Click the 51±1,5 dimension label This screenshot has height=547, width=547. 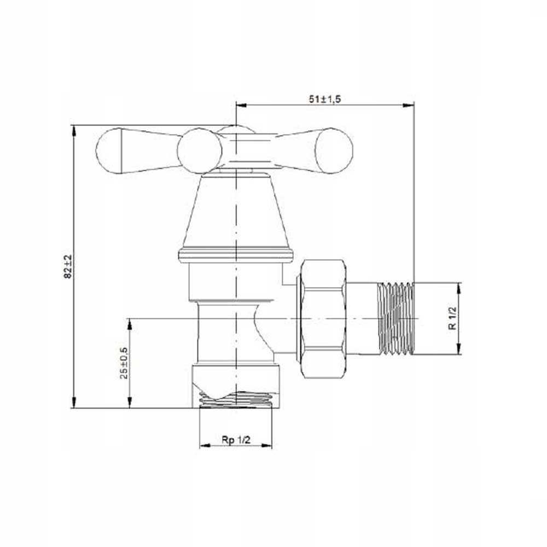click(x=324, y=99)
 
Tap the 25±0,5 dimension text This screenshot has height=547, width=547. click(x=124, y=363)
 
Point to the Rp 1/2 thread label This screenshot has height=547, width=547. click(x=236, y=440)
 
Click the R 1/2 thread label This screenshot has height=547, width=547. click(x=452, y=318)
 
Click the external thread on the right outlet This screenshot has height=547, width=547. click(x=395, y=318)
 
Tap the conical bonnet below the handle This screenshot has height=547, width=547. click(x=236, y=212)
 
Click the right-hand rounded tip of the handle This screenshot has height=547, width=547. click(x=334, y=151)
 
